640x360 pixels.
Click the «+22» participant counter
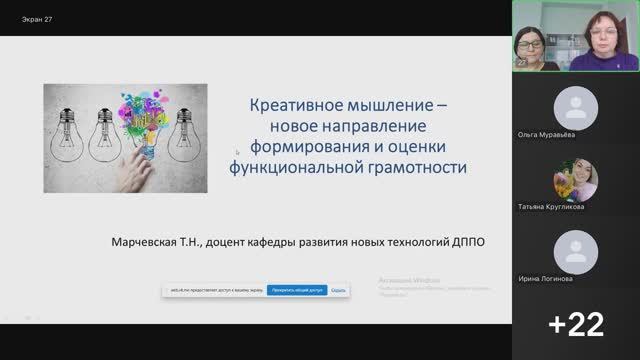pos(576,323)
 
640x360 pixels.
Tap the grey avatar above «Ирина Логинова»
pos(576,251)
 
